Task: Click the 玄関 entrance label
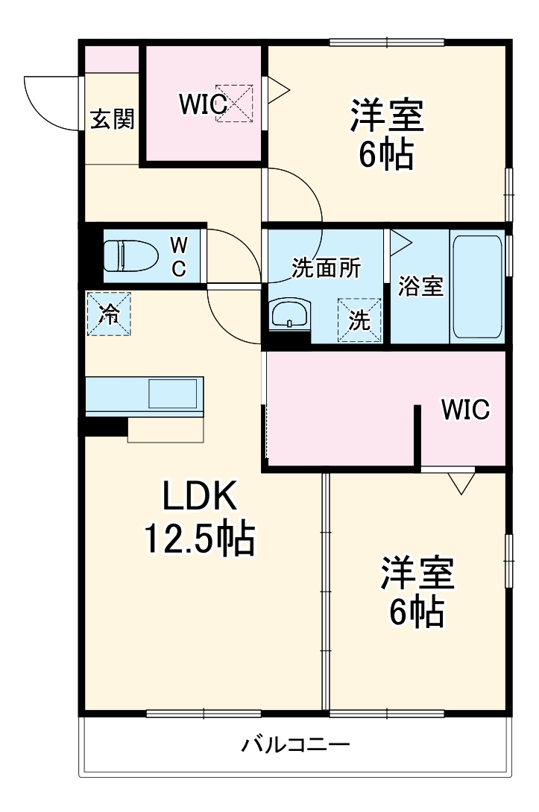pyautogui.click(x=113, y=119)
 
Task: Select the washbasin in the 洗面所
pyautogui.click(x=289, y=314)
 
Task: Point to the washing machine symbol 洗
pyautogui.click(x=359, y=321)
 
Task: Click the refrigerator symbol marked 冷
pyautogui.click(x=109, y=314)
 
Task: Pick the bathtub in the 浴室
pyautogui.click(x=477, y=287)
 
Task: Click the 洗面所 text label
pyautogui.click(x=326, y=269)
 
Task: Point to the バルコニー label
pyautogui.click(x=296, y=744)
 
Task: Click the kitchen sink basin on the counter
pyautogui.click(x=172, y=393)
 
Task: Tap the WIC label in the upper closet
pyautogui.click(x=202, y=105)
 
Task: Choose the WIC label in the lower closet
pyautogui.click(x=464, y=409)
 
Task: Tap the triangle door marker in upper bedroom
pyautogui.click(x=277, y=90)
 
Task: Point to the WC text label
pyautogui.click(x=179, y=256)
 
